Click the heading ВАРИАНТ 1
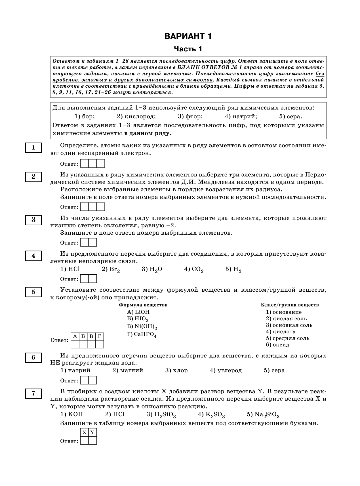(x=188, y=36)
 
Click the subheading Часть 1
(x=188, y=49)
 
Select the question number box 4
(x=33, y=256)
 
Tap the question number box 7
(x=33, y=394)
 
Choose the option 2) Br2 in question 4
(x=111, y=269)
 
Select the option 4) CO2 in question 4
(x=194, y=269)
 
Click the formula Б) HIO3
(x=138, y=319)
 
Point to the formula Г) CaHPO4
(x=142, y=334)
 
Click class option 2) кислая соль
(x=286, y=319)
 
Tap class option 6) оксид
(x=277, y=345)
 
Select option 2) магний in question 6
(x=128, y=370)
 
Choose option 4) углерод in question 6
(x=226, y=370)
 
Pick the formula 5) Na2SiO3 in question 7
(x=263, y=415)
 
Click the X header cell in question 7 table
(x=84, y=433)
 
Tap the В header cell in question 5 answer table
(x=91, y=336)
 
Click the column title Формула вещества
(x=143, y=305)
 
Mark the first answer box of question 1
(x=84, y=164)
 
